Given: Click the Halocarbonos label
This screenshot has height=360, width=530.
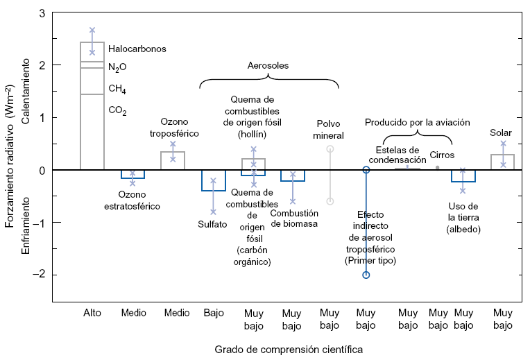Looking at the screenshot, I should (x=137, y=49).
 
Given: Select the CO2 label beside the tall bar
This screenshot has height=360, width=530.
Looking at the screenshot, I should (x=117, y=110).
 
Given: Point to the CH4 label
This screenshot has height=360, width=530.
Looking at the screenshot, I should (x=117, y=89).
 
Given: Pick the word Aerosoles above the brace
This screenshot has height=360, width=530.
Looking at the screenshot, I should (x=268, y=66).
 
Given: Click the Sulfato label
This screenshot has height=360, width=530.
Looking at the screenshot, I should (x=212, y=224).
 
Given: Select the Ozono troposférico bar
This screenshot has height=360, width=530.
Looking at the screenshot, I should (x=173, y=161).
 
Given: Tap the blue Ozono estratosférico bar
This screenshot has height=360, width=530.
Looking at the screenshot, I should (x=132, y=174).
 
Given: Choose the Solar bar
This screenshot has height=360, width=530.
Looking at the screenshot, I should (x=502, y=162).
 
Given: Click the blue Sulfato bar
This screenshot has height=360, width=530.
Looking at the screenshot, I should (x=213, y=180).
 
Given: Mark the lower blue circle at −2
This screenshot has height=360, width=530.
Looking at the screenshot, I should (x=366, y=275).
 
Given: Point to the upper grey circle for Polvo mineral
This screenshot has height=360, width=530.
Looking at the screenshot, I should (x=330, y=149).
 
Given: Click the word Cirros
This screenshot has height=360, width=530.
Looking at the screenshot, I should (x=442, y=155).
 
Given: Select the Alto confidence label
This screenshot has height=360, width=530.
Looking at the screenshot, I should (x=92, y=313).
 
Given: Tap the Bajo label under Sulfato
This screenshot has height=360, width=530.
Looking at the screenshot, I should (x=214, y=313).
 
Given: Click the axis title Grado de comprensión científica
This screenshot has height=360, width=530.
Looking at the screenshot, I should (x=289, y=350).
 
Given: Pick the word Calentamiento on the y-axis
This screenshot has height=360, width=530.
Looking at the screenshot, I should (x=26, y=92).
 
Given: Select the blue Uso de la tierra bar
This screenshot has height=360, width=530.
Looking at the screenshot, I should (x=463, y=175).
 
